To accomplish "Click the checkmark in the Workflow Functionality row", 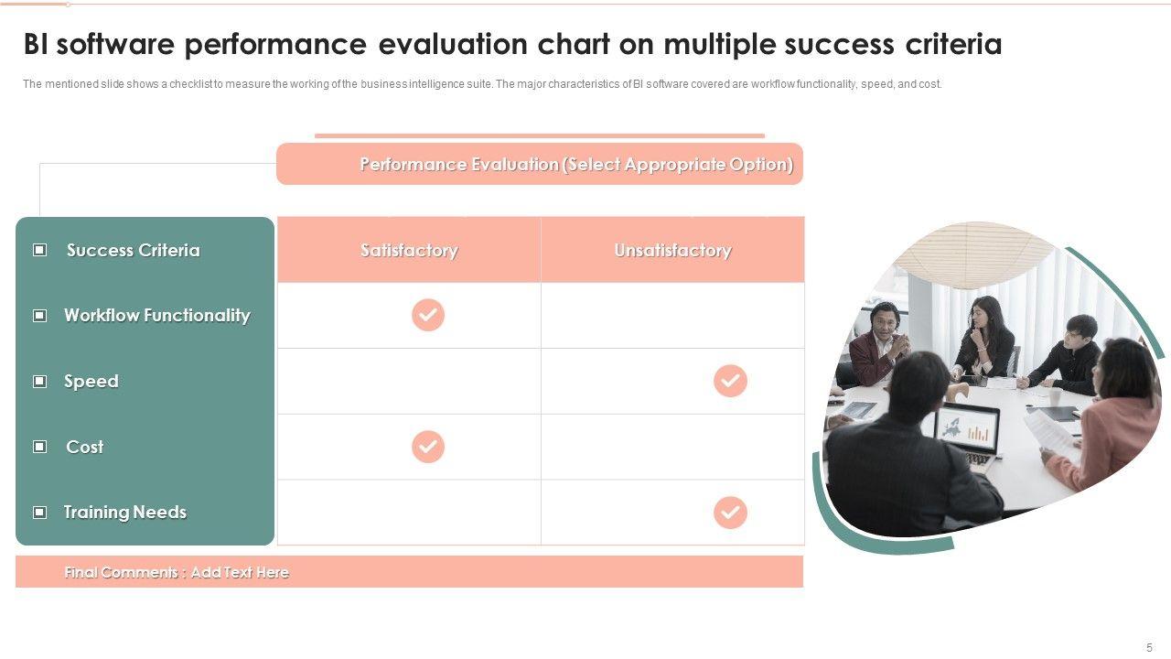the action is pyautogui.click(x=427, y=315).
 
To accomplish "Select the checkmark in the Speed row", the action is pyautogui.click(x=730, y=381).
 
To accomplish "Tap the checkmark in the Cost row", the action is pyautogui.click(x=427, y=447).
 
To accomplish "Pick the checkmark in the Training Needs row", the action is pyautogui.click(x=730, y=513).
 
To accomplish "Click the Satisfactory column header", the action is pyautogui.click(x=409, y=250).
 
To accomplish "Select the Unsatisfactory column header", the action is pyautogui.click(x=672, y=250).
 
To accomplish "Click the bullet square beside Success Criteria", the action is pyautogui.click(x=39, y=250).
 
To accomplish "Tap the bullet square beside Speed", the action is pyautogui.click(x=39, y=382).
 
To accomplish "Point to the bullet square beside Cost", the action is pyautogui.click(x=39, y=447).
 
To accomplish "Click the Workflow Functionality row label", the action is pyautogui.click(x=156, y=316).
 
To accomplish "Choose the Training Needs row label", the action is pyautogui.click(x=125, y=512).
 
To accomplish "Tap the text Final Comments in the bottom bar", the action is pyautogui.click(x=122, y=572).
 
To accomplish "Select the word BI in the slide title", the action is pyautogui.click(x=35, y=44).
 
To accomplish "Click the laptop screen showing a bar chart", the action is pyautogui.click(x=967, y=429).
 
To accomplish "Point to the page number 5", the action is pyautogui.click(x=1149, y=647).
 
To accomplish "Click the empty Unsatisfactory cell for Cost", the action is pyautogui.click(x=672, y=447).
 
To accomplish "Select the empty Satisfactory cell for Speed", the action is pyautogui.click(x=409, y=381).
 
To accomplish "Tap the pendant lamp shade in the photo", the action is pyautogui.click(x=979, y=254).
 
